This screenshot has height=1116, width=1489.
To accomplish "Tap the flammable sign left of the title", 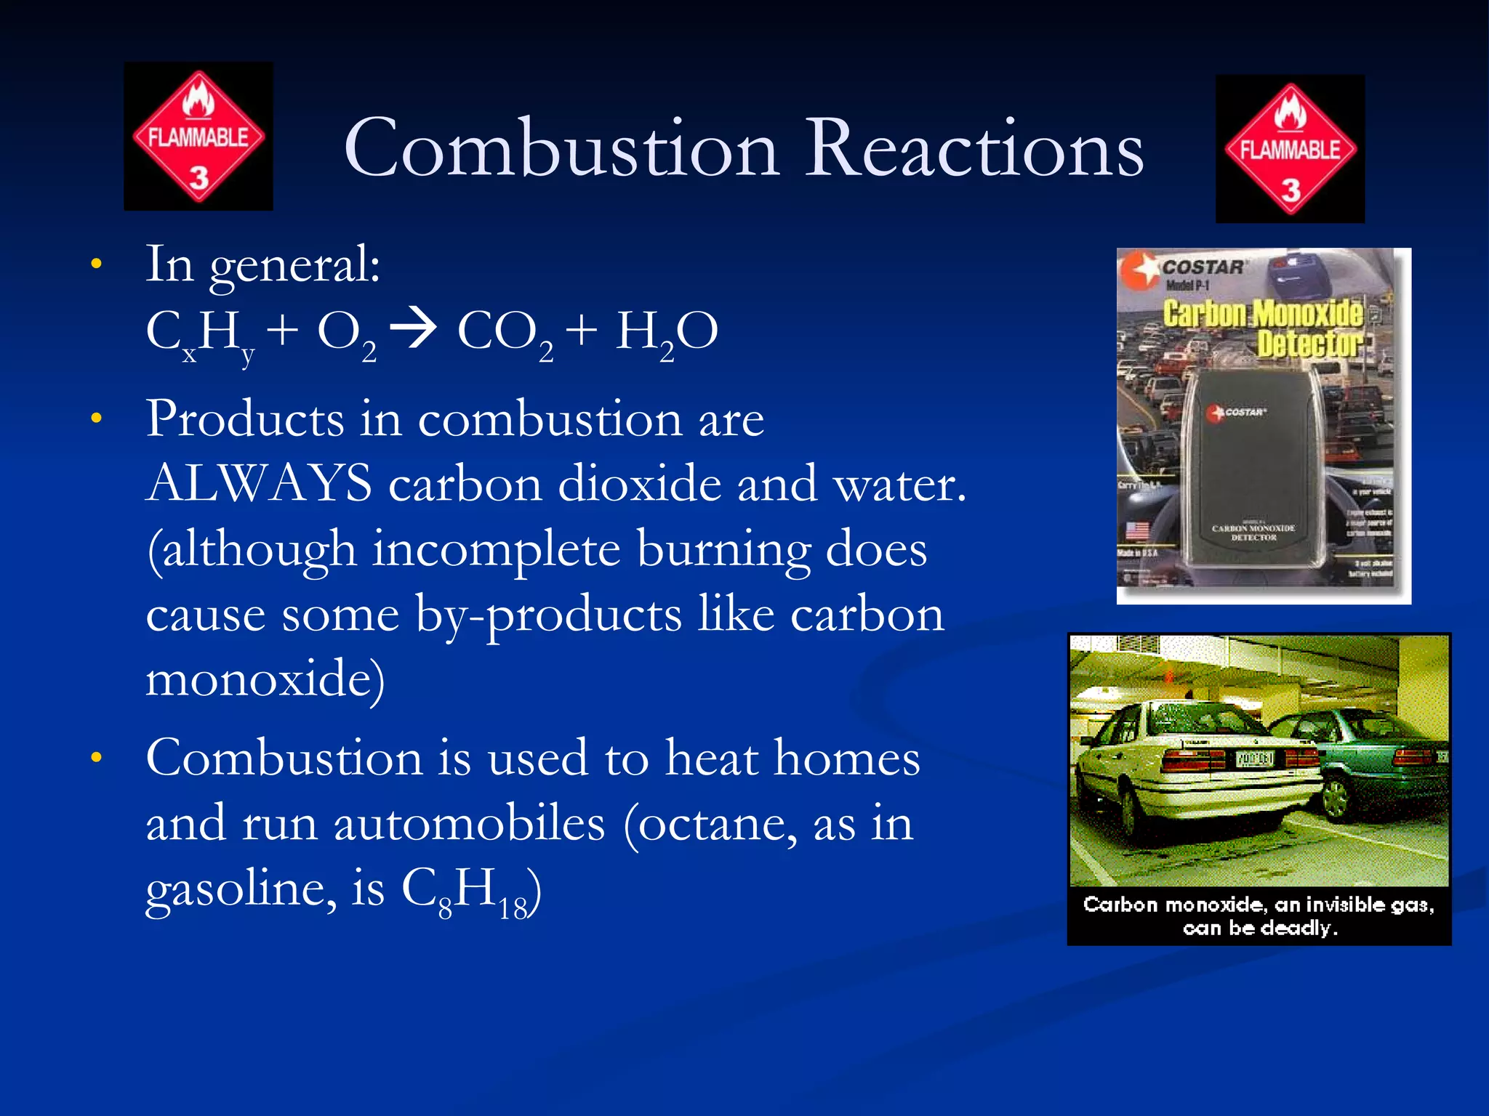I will coord(198,137).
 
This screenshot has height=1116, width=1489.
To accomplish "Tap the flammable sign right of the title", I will coord(1290,149).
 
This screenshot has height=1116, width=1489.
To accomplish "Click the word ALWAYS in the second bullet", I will coord(259,483).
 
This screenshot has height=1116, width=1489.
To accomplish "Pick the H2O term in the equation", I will coord(666,332).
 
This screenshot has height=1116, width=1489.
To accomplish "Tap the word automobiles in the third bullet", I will coord(469,824).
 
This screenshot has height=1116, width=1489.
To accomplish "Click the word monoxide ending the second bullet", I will coord(260,679).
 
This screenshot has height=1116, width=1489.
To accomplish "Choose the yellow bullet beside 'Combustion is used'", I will coord(96,758).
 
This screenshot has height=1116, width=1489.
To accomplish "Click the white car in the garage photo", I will coord(1192,770).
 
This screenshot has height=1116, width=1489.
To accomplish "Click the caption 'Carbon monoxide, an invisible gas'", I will coord(1259,905).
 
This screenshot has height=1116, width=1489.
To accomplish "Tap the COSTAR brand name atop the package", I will coord(1203,267).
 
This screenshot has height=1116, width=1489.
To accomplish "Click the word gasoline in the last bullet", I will coord(241,889).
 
